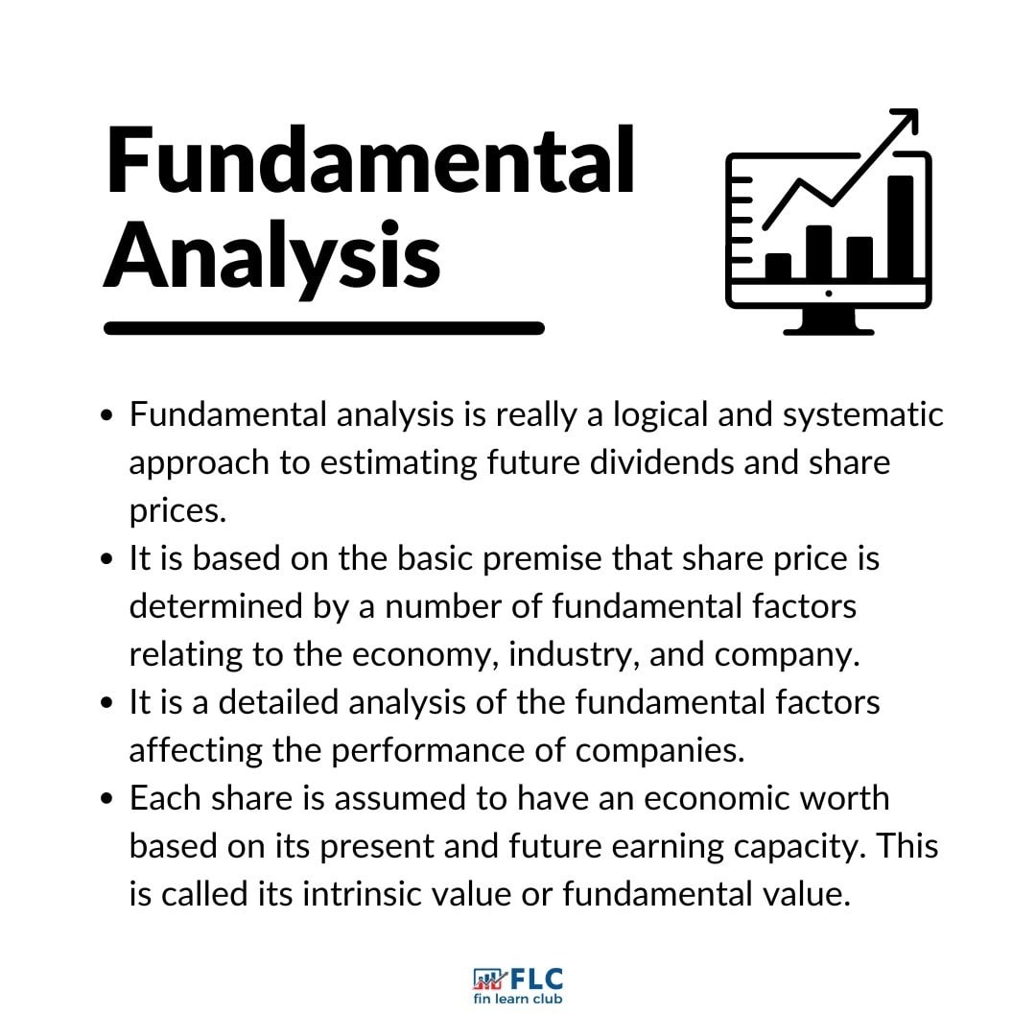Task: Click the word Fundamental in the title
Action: (x=370, y=160)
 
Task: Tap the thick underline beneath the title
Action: (x=324, y=328)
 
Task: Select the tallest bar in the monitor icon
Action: (x=900, y=226)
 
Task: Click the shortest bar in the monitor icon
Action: (x=778, y=266)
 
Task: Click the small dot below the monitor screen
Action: (x=829, y=294)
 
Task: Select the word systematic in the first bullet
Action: (x=863, y=416)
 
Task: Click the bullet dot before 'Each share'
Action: (x=107, y=799)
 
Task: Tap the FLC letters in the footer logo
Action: (x=536, y=978)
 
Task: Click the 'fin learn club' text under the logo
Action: (x=517, y=999)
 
